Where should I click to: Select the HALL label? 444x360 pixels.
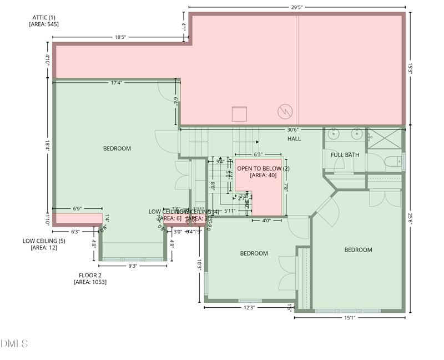(x=294, y=138)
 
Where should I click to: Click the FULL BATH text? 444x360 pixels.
(x=345, y=155)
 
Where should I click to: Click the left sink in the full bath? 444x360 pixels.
(x=334, y=134)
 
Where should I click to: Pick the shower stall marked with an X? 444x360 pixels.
(x=385, y=138)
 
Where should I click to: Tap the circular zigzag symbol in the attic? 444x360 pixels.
(x=284, y=112)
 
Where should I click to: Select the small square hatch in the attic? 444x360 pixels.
(x=239, y=114)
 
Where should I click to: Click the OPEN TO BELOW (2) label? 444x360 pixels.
(x=263, y=168)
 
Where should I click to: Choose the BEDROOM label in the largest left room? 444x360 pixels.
(x=117, y=148)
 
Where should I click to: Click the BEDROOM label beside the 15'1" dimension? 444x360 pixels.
(x=358, y=250)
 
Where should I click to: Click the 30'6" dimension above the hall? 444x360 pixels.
(x=292, y=129)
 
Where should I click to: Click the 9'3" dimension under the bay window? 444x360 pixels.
(x=132, y=266)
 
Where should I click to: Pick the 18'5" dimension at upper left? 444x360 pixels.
(x=120, y=37)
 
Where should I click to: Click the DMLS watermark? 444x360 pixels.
(x=14, y=344)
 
